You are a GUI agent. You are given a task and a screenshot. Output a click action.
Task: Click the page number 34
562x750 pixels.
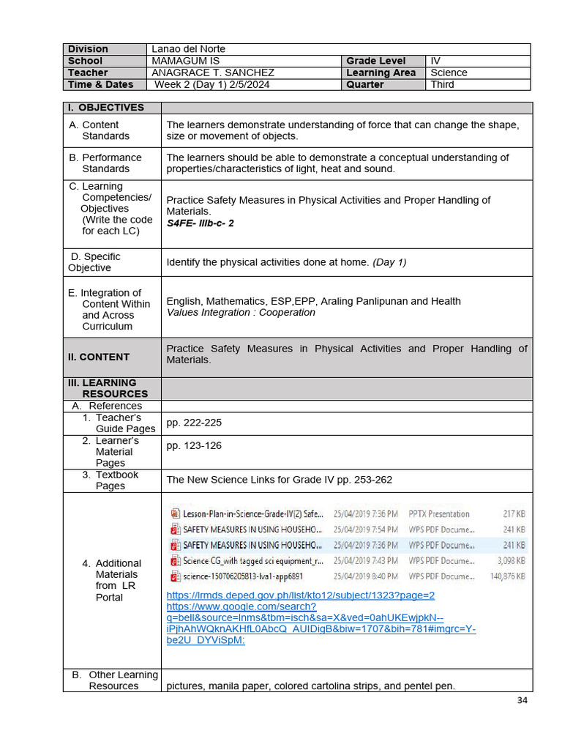coord(522,700)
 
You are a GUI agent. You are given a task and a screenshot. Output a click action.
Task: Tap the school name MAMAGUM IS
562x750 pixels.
coord(185,61)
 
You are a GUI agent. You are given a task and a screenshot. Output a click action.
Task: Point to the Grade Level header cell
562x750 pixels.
coord(375,61)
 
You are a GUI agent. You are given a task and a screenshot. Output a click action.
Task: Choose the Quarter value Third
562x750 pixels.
coord(442,84)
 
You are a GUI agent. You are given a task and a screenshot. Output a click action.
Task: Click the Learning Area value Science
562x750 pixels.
coord(449,73)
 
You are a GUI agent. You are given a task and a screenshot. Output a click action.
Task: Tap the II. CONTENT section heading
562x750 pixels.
coord(98,357)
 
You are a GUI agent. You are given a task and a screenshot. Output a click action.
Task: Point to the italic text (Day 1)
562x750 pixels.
coord(389,262)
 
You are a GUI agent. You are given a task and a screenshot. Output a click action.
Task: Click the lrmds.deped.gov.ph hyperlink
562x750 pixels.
coord(300,595)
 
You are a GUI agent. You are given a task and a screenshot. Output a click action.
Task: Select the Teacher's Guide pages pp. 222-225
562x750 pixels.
coord(194,423)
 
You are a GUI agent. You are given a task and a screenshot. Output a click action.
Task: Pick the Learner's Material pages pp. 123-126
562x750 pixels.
coord(194,445)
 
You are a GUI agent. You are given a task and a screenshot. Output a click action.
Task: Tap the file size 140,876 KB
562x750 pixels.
coord(507,576)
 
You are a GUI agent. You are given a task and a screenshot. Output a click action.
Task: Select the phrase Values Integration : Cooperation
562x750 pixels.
coord(241,313)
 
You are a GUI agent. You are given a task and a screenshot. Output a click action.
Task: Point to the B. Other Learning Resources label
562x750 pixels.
coord(114,680)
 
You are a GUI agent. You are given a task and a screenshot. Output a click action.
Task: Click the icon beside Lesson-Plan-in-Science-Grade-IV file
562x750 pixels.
coord(175,514)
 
